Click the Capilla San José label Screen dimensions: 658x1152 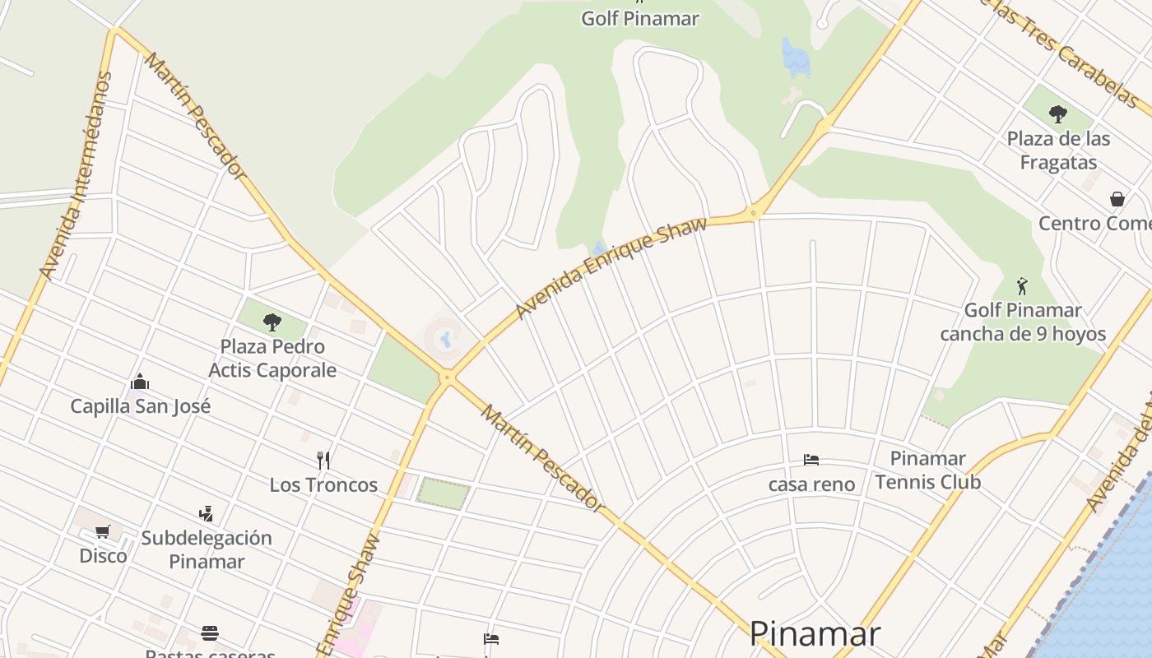point(140,405)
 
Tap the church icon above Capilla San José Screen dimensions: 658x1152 point(140,382)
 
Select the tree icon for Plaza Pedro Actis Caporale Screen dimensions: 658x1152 point(272,322)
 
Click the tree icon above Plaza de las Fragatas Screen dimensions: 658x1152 point(1058,114)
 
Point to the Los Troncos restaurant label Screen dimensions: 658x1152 point(323,484)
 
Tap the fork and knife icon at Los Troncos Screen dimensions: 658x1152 point(323,460)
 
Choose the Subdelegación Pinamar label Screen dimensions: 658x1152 point(206,549)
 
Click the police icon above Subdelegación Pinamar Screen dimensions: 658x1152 point(206,514)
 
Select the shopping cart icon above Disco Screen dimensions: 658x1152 point(103,532)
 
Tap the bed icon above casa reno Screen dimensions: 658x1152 point(811,460)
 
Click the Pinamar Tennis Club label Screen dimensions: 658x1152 point(928,470)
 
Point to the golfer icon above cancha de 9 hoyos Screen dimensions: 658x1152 point(1022,286)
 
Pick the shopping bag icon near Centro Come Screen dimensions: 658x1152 point(1117,199)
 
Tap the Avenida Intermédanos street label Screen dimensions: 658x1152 point(76,174)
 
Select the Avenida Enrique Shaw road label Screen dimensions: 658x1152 point(611,267)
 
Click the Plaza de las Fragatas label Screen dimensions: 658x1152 point(1058,150)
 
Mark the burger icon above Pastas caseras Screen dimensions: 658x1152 point(210,633)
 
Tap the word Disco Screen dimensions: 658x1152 point(103,555)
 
